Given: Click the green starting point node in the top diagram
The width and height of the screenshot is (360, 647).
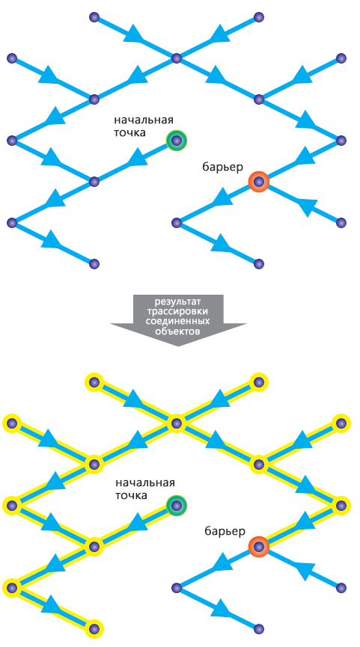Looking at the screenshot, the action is [x=177, y=141].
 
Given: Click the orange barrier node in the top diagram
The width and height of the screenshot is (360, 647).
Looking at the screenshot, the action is [x=259, y=181].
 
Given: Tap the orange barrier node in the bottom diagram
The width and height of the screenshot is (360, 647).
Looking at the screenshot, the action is [x=259, y=546].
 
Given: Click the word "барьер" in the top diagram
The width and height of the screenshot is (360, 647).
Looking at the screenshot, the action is [x=222, y=167].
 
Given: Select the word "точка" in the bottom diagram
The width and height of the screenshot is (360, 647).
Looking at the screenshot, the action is [x=130, y=496].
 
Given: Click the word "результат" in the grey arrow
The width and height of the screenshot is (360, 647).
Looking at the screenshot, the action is [x=177, y=301].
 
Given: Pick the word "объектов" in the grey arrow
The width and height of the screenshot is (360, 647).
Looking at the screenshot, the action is [x=178, y=331].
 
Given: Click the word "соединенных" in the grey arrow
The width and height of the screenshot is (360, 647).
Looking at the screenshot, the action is [x=178, y=321].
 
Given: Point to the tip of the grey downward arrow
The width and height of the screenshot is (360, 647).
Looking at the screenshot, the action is [x=178, y=346].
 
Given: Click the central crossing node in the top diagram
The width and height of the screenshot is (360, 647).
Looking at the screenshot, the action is [x=177, y=58].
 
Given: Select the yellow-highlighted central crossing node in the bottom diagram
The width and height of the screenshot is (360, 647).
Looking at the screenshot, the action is [x=177, y=423].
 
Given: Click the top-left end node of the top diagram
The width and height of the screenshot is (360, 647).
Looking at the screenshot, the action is [x=94, y=17].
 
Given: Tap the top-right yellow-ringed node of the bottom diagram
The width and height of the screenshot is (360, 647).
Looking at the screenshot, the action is [x=259, y=381].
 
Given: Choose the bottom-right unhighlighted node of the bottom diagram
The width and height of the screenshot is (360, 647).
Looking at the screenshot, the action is [x=259, y=628].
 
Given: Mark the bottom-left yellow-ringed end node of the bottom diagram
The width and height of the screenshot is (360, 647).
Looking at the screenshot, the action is [x=94, y=628].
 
